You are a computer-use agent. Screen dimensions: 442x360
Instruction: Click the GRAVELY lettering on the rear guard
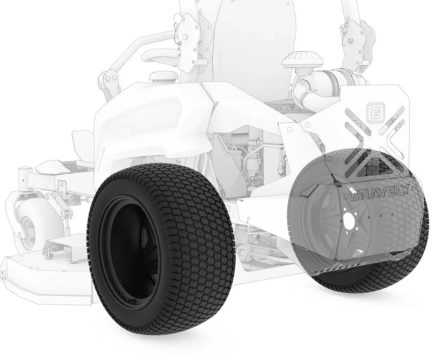(379, 194)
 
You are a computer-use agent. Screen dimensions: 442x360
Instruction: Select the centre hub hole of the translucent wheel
(350, 220)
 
